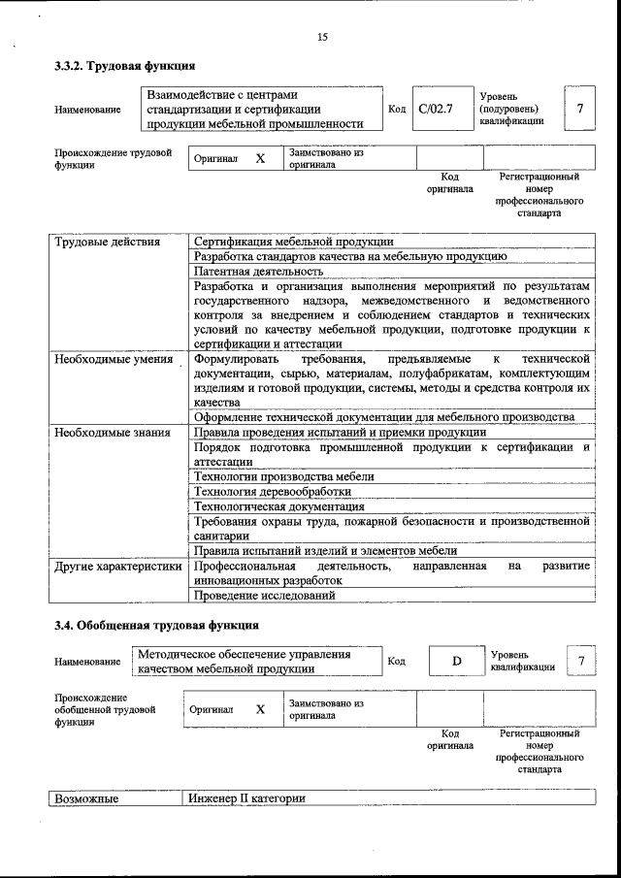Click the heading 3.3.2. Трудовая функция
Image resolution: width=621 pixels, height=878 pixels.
tap(125, 67)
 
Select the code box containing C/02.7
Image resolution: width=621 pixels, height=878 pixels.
tap(436, 109)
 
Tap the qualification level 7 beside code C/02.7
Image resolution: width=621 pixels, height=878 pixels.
tap(579, 109)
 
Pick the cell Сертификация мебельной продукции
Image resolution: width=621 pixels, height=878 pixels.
tap(293, 242)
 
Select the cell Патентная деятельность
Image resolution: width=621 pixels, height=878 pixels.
tap(257, 273)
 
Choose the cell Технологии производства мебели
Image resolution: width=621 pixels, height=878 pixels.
tap(283, 476)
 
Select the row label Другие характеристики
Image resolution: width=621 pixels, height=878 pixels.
tap(117, 566)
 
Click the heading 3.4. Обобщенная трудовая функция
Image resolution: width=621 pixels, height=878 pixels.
tap(156, 626)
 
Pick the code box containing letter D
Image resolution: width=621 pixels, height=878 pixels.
tap(456, 662)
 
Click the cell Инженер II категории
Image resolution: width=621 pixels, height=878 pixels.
tap(247, 798)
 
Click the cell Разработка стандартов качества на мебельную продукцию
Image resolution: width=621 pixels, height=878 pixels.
tap(349, 257)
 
